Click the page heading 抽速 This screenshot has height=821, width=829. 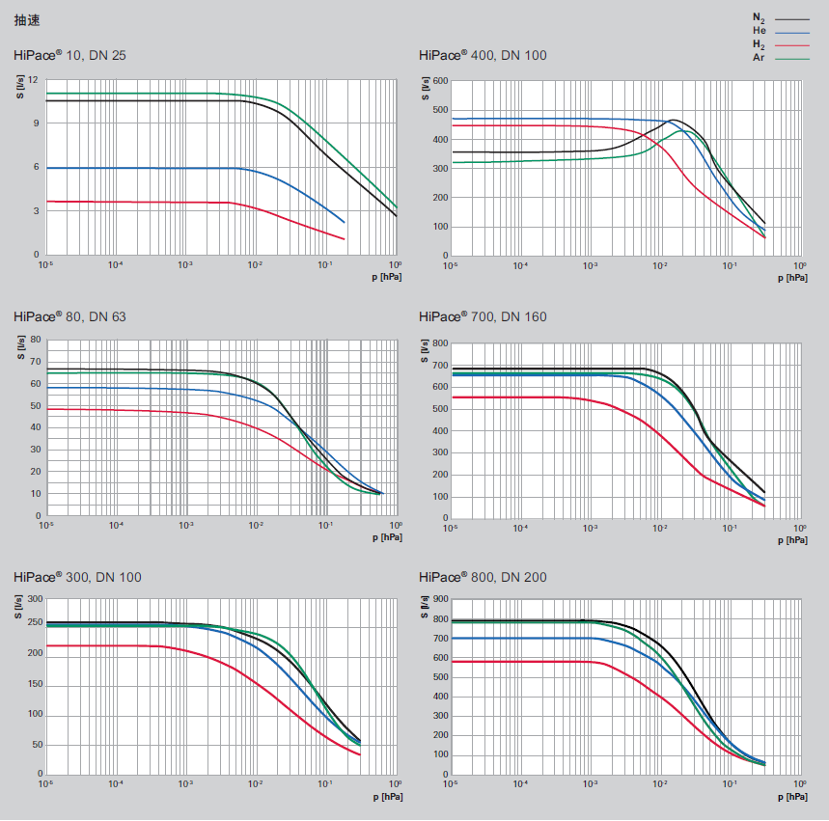click(27, 19)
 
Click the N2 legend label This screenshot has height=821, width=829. click(759, 17)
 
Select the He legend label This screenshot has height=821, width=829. click(759, 31)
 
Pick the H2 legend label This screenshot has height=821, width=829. click(759, 44)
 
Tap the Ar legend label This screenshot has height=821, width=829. click(759, 58)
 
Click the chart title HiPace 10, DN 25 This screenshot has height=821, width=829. click(69, 55)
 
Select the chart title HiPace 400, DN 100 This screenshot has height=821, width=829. click(483, 55)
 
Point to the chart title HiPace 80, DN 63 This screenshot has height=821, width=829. click(69, 316)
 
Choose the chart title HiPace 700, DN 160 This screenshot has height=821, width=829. click(483, 316)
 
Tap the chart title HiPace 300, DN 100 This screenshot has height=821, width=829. click(77, 578)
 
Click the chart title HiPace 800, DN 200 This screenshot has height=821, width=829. click(483, 578)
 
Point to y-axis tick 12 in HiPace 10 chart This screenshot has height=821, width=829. click(33, 79)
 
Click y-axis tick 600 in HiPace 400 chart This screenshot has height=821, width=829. click(440, 81)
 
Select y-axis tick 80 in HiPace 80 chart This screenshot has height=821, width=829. click(34, 340)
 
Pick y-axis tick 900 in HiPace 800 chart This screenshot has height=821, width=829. click(440, 600)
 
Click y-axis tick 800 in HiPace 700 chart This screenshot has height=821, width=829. click(440, 343)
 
